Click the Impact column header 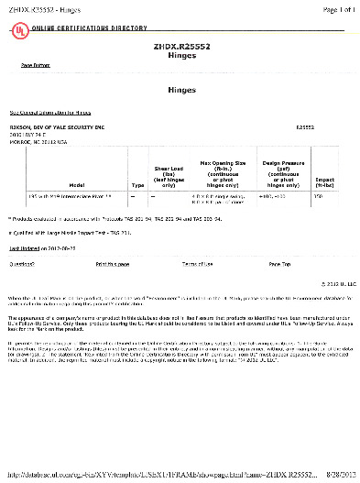[324, 181]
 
